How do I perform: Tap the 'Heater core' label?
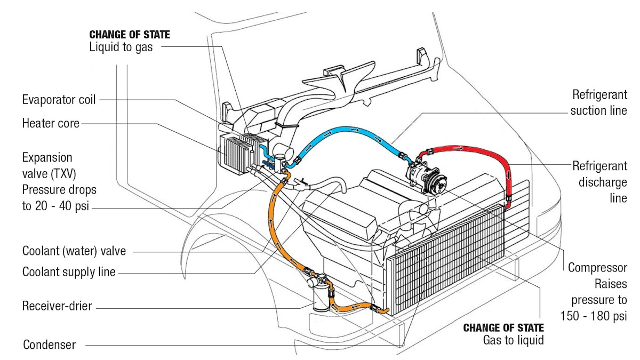click(x=51, y=124)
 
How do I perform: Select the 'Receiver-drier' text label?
click(x=57, y=307)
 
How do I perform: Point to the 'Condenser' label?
click(x=49, y=345)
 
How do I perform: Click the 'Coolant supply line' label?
click(x=69, y=272)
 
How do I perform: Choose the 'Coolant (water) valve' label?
click(x=74, y=251)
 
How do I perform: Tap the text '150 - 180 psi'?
click(x=594, y=316)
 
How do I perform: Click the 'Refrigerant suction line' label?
click(x=598, y=103)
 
